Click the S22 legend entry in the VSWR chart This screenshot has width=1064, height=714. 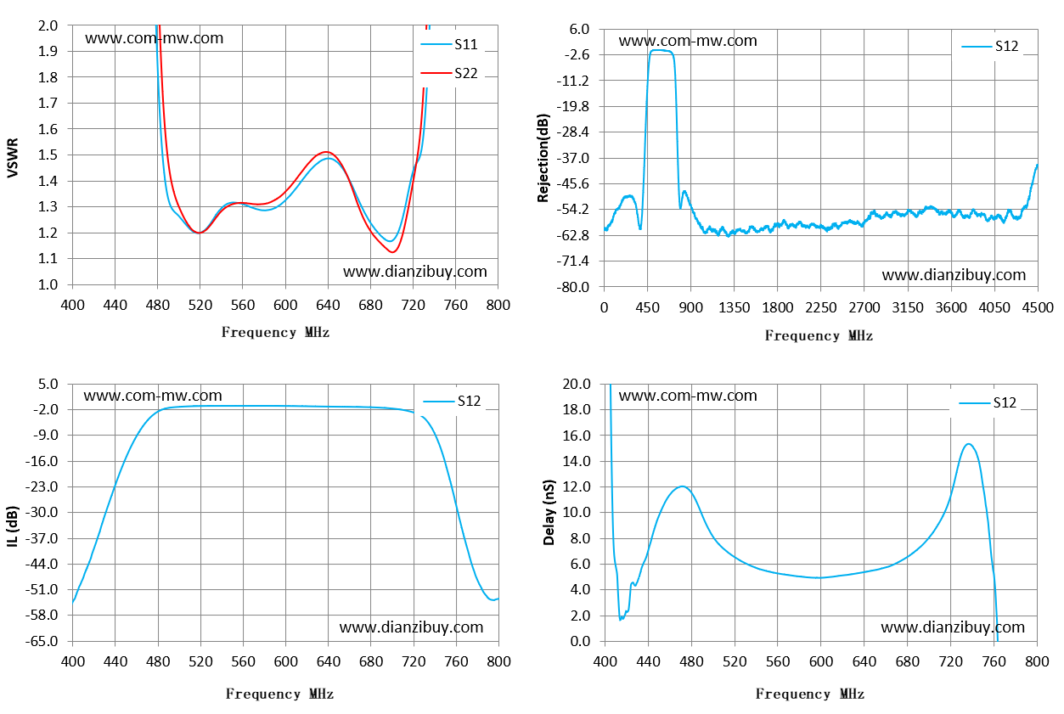point(449,73)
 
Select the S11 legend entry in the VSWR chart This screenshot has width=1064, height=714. point(449,44)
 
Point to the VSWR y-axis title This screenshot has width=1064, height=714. point(13,158)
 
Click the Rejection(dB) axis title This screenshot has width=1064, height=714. point(543,158)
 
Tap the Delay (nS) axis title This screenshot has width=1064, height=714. point(549,512)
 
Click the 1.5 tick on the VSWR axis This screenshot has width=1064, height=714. point(48,155)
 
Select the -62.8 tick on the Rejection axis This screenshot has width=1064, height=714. point(573,235)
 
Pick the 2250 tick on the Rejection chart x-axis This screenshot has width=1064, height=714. point(821,308)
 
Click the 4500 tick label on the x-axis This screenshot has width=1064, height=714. point(1038,308)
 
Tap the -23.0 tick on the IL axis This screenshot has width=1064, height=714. point(42,486)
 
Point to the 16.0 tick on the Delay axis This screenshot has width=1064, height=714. point(577,436)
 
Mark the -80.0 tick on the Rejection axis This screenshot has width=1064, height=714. point(573,287)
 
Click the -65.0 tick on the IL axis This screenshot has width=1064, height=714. point(42,641)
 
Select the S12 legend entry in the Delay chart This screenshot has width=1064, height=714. point(988,402)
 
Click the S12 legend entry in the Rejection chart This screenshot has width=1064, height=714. point(990,46)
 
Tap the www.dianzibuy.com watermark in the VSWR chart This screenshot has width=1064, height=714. point(415,272)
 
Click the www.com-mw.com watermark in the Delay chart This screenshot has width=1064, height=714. point(688,396)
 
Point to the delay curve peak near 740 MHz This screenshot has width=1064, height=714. point(968,444)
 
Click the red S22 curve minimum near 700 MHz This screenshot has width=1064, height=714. point(393,252)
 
